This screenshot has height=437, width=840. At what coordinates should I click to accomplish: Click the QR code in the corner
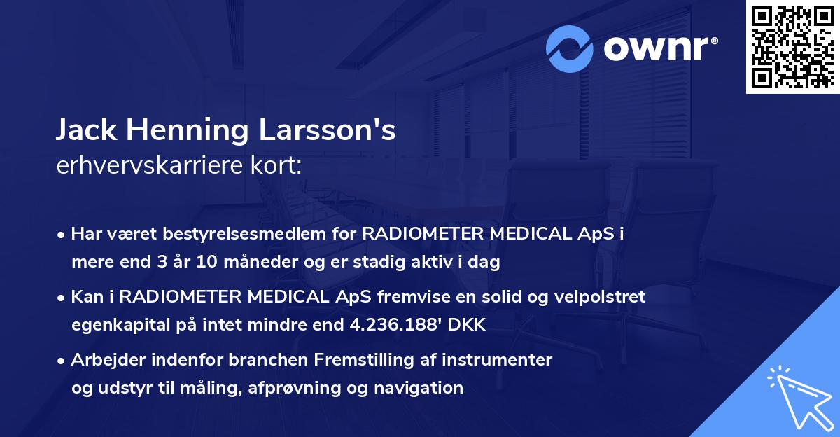792,47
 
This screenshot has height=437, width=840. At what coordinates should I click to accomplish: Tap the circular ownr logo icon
570,48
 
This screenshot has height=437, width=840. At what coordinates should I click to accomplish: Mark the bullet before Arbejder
63,361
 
